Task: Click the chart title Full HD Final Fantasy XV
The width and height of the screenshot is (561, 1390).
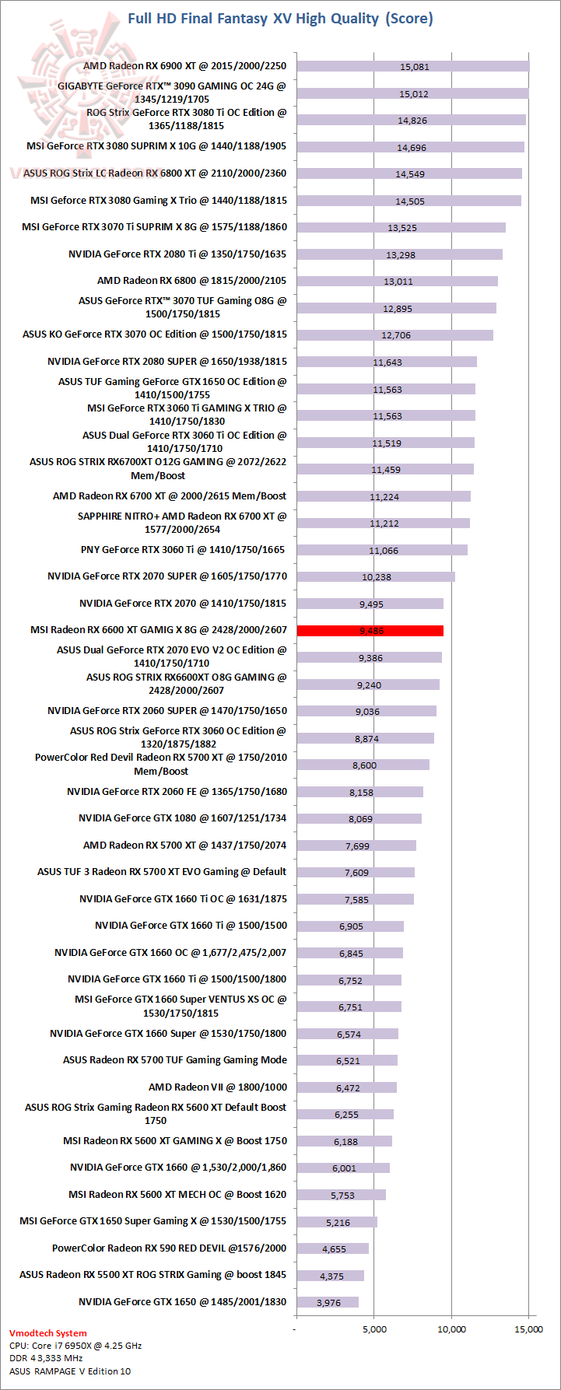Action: tap(280, 18)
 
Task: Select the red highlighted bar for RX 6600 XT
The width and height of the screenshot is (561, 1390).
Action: tap(370, 631)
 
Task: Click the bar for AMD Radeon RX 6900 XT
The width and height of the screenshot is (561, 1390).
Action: tap(412, 66)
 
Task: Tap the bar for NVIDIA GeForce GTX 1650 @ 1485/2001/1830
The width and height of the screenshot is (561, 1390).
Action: tap(328, 1302)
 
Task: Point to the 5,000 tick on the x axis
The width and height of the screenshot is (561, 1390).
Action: tap(374, 1329)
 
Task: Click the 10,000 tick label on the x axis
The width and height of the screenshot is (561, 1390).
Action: tap(452, 1329)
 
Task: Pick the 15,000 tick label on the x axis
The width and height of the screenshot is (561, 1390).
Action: tap(528, 1329)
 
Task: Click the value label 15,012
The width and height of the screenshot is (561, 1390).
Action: tap(414, 94)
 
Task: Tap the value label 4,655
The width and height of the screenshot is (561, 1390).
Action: tap(334, 1249)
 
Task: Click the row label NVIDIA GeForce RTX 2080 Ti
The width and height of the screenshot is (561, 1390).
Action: tap(177, 254)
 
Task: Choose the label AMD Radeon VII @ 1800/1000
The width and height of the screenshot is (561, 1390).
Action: tap(218, 1087)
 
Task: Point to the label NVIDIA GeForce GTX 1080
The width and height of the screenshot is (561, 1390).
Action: tap(182, 818)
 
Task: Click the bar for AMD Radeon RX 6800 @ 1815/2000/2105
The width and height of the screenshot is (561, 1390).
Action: tap(397, 281)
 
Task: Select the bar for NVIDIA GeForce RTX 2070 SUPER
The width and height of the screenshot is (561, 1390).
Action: tap(376, 577)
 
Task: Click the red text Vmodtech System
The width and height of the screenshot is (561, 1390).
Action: tap(48, 1332)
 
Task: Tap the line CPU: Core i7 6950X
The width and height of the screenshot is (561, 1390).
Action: tap(75, 1345)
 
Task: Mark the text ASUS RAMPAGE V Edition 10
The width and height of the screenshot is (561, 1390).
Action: tap(70, 1371)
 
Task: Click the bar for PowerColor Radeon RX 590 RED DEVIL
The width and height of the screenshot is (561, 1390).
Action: tap(332, 1248)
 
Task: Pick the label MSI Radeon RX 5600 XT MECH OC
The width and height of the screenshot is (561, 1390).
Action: tap(177, 1194)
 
